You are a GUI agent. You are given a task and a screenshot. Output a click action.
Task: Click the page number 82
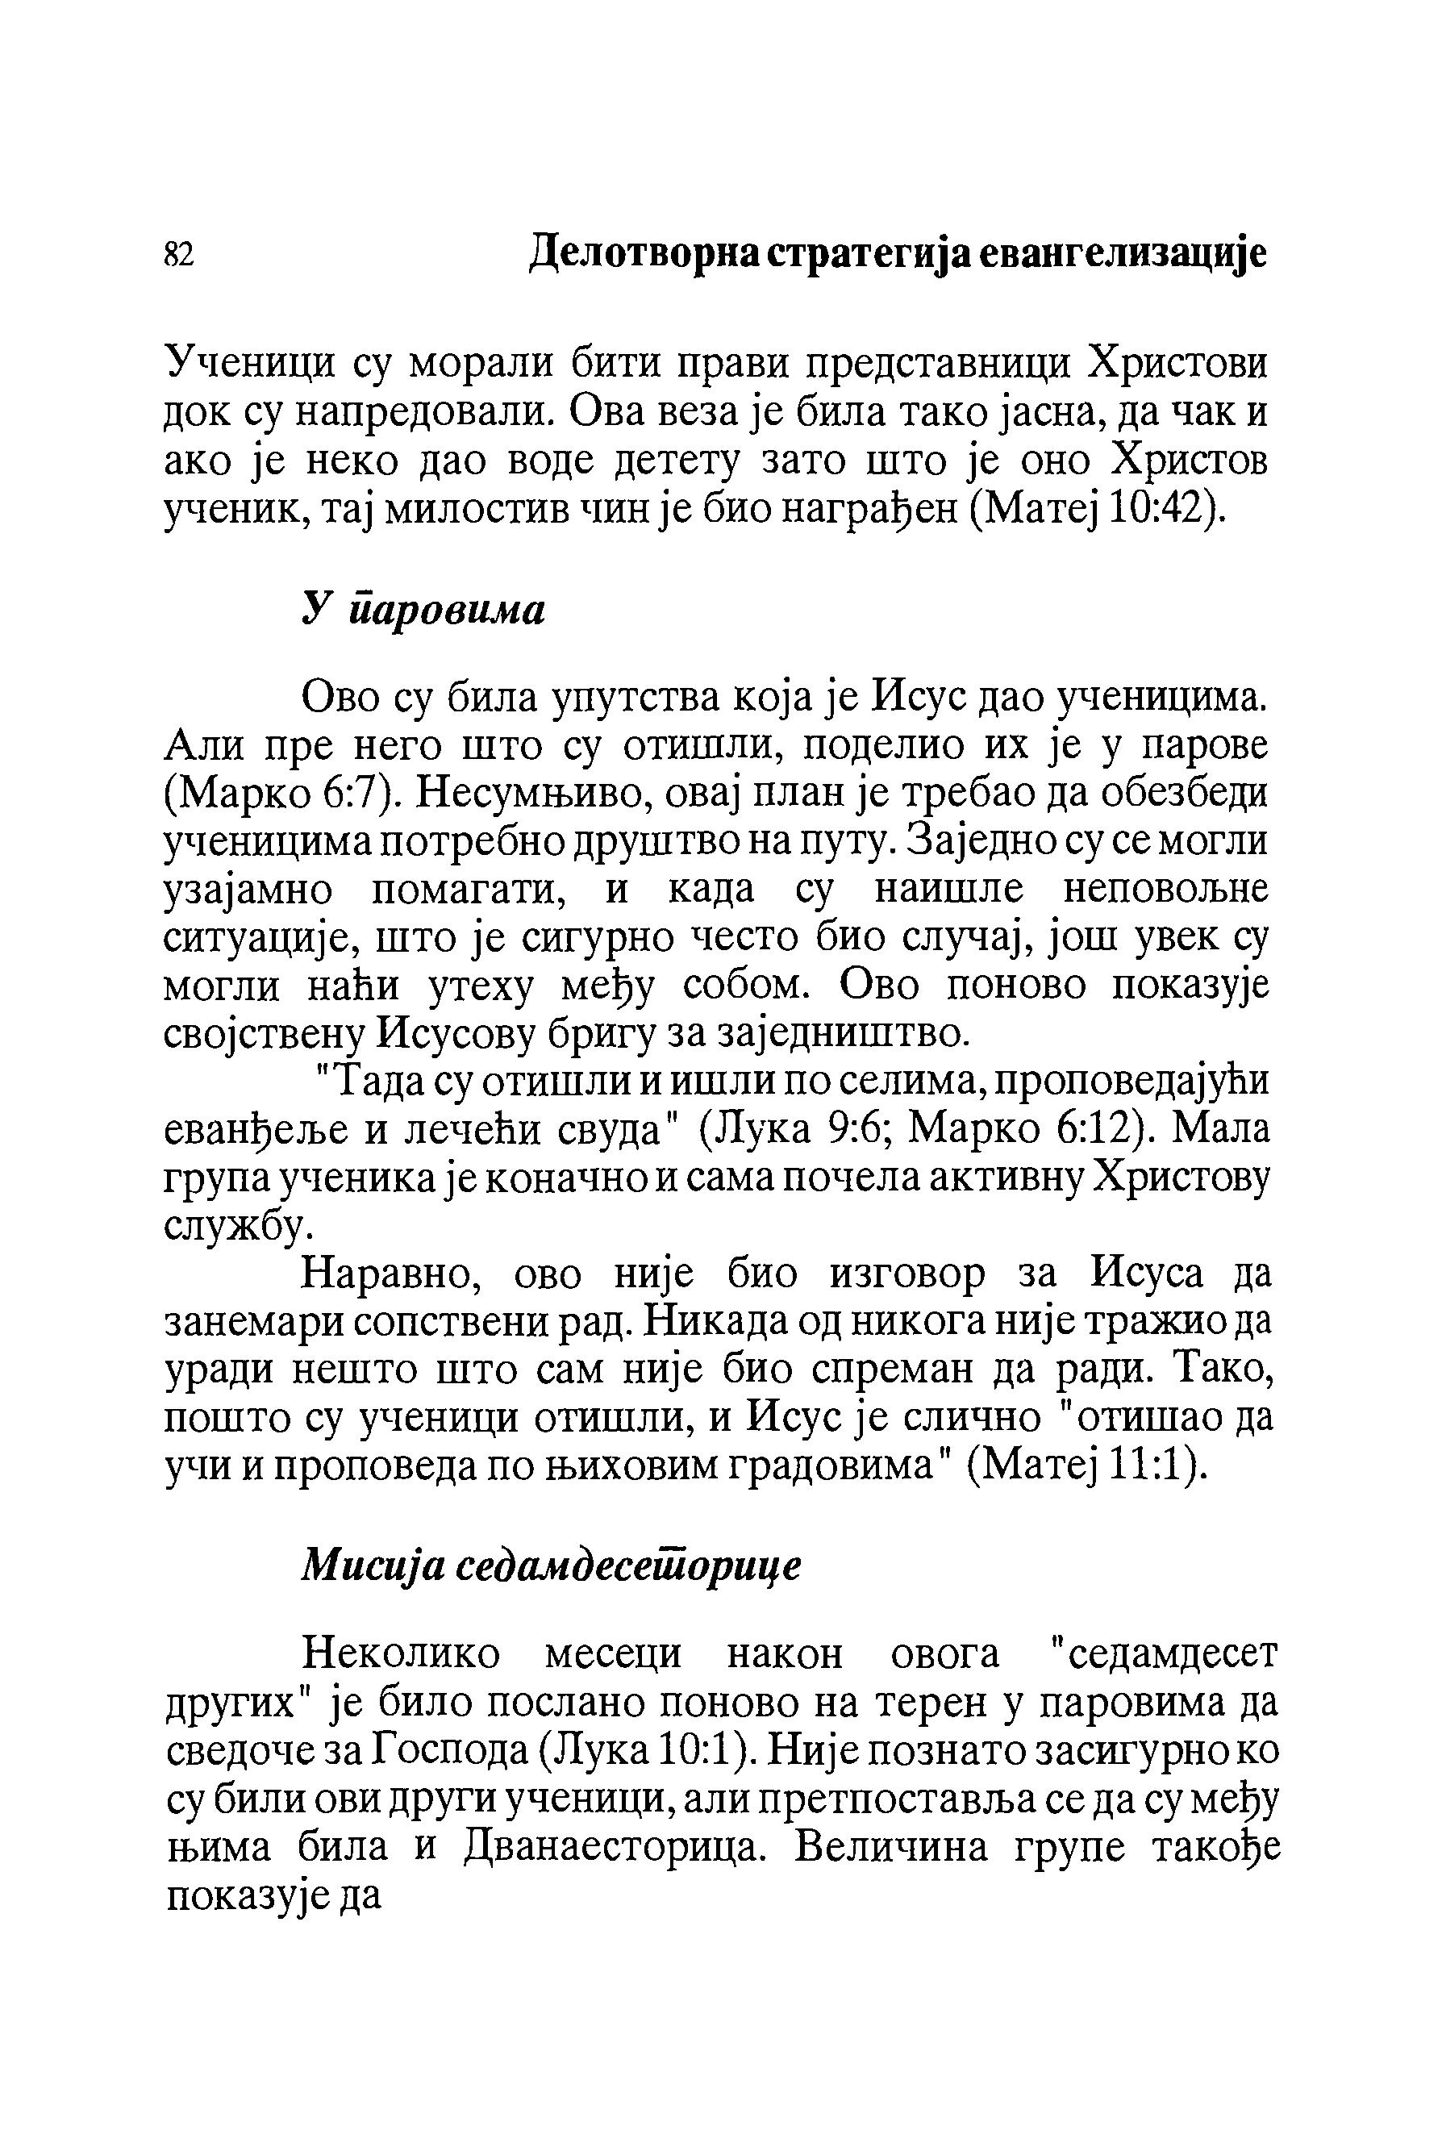point(178,255)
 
